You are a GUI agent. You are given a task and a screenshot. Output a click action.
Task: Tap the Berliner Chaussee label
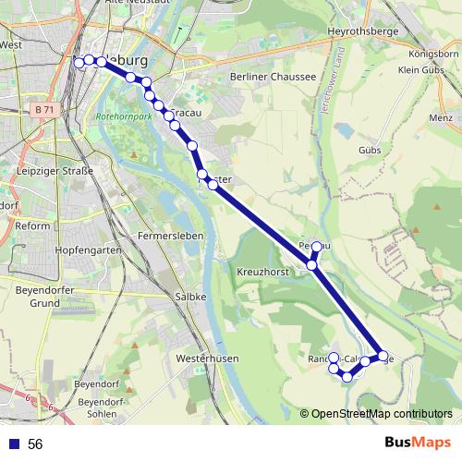tap(274, 77)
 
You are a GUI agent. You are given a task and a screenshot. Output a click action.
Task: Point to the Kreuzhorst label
tap(264, 274)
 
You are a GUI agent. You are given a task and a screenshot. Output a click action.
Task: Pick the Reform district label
tap(32, 225)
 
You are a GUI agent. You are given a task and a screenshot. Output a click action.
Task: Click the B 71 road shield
tap(43, 109)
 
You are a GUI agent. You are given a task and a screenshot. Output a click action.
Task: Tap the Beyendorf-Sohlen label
tap(102, 407)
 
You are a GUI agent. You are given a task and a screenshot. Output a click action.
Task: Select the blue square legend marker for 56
tap(14, 444)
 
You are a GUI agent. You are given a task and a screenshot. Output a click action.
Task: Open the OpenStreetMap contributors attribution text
tap(382, 414)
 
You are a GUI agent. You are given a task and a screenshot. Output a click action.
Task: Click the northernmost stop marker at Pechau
tap(316, 247)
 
